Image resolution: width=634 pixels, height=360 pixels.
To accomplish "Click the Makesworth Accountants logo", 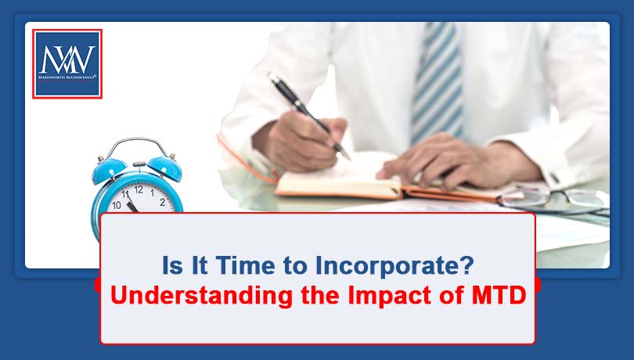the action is coord(67,64).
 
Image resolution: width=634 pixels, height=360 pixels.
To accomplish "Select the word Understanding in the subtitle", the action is coord(201,296).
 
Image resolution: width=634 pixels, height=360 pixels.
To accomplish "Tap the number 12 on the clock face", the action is coord(139,189).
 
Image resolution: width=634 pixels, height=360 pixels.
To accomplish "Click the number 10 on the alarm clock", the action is coord(117,206).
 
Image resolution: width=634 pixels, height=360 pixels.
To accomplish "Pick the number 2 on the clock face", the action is coord(162,202).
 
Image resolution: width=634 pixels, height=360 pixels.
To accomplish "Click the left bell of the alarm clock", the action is coord(109,170).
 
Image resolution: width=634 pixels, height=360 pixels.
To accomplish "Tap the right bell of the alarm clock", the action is coord(165,167).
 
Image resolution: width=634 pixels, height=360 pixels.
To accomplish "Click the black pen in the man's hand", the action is coord(309,116).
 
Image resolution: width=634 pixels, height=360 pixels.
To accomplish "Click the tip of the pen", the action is coord(348,158).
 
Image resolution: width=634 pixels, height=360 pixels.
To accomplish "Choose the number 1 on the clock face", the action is coord(152,193).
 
